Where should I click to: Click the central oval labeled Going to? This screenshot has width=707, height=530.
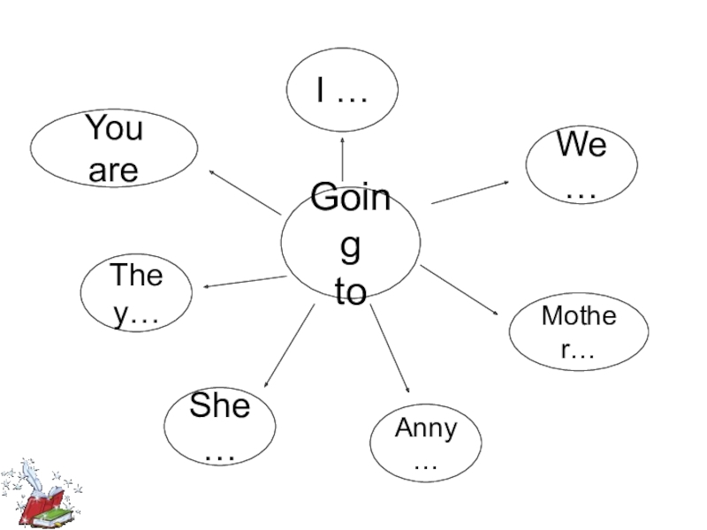point(351,244)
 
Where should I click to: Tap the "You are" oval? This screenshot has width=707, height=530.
point(114,148)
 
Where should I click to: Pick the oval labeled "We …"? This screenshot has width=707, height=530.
point(581,165)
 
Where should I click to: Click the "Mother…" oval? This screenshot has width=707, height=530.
point(579,331)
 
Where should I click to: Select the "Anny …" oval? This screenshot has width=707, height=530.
point(426,443)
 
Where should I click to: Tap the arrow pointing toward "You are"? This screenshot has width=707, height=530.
point(245,191)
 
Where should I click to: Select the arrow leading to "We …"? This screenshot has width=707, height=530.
point(470,192)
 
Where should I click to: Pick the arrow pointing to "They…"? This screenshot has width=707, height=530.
point(245,282)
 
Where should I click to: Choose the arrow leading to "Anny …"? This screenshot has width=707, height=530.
point(390,348)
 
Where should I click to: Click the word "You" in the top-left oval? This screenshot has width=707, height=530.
point(114,129)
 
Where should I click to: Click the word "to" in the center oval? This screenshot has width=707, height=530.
point(351,293)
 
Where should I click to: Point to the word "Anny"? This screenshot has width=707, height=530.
point(426,428)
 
